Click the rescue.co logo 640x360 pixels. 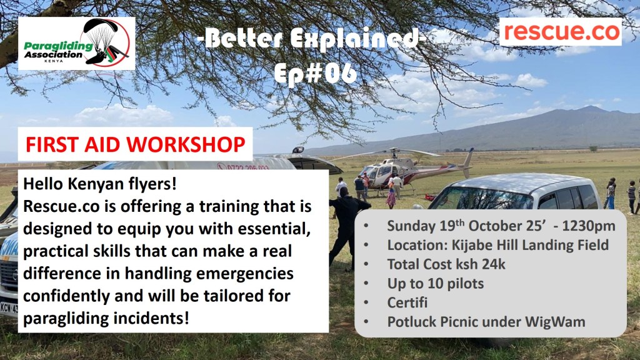561,32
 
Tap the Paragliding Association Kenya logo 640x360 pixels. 77,43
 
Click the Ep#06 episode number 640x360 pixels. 315,74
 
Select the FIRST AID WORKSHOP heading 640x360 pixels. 136,144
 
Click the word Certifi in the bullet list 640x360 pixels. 407,302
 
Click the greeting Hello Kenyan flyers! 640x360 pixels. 100,184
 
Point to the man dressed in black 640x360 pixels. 346,229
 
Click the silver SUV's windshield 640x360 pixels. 482,199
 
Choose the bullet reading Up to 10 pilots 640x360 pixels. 436,284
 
